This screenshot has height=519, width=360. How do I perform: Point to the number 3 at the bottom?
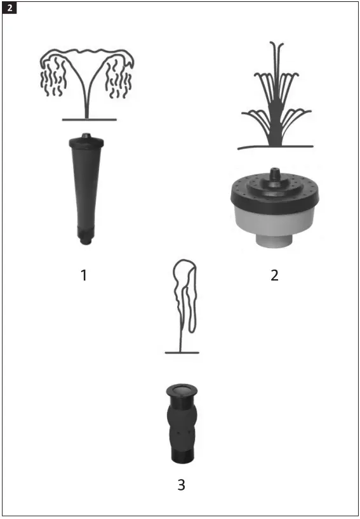click(x=181, y=485)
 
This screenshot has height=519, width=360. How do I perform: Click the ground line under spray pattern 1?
click(x=88, y=119)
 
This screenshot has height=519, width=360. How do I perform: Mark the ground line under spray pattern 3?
click(x=182, y=352)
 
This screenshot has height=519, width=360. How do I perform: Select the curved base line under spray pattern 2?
click(x=274, y=147)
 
